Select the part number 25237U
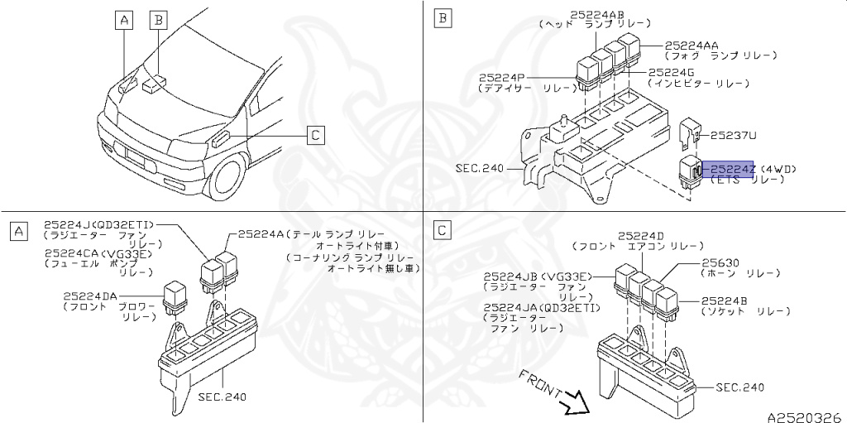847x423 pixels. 734,133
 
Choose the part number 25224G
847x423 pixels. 673,73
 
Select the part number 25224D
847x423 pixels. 640,235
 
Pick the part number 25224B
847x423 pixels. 725,300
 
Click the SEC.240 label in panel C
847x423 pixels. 739,387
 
